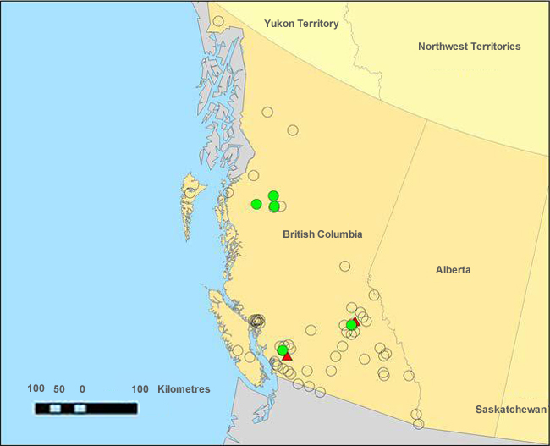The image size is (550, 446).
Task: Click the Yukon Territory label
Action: click(300, 24)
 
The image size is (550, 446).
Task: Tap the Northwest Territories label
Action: click(469, 47)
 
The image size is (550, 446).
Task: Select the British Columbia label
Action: click(322, 234)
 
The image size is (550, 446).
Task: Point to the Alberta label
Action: click(454, 270)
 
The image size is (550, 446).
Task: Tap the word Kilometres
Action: click(184, 389)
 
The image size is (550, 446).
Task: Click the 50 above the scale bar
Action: click(59, 389)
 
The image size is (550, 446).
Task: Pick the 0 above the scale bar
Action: click(82, 389)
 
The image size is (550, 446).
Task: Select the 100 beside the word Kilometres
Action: click(140, 389)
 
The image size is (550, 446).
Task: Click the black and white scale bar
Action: click(85, 408)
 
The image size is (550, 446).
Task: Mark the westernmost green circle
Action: click(256, 204)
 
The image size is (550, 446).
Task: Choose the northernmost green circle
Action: click(273, 196)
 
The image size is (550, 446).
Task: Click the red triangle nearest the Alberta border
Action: click(355, 321)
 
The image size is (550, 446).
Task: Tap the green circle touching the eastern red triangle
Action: click(351, 325)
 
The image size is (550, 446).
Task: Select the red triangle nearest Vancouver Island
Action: click(288, 356)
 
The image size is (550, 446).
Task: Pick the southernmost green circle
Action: click(283, 350)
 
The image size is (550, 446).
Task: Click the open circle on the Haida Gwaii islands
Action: click(190, 193)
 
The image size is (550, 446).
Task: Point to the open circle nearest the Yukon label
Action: click(218, 22)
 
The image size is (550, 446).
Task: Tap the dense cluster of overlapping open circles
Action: click(257, 321)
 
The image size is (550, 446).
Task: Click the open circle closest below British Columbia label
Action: click(345, 266)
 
